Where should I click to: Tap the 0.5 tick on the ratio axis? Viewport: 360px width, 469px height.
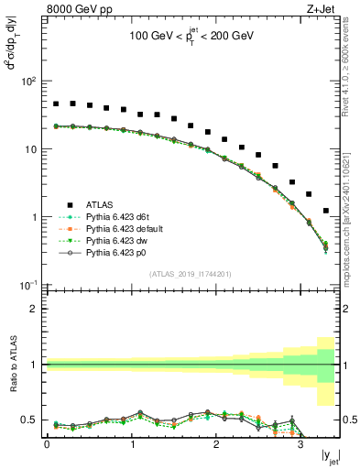coord(30,420)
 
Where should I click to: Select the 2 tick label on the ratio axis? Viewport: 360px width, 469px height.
coord(34,309)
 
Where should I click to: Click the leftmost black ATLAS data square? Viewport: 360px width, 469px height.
coord(56,104)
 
